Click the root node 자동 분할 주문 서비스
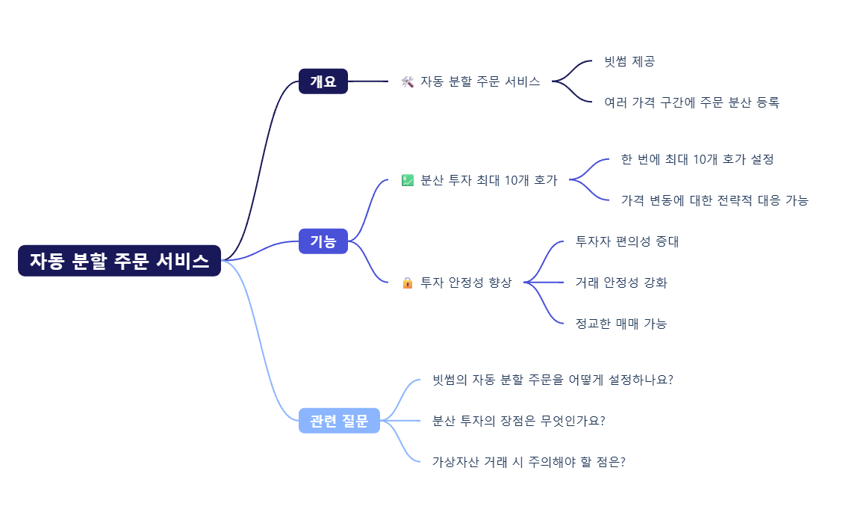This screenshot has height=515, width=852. pyautogui.click(x=119, y=261)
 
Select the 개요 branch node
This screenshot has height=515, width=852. pyautogui.click(x=323, y=81)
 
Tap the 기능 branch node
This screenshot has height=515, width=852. pyautogui.click(x=323, y=241)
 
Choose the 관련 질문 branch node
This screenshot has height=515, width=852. pyautogui.click(x=339, y=421)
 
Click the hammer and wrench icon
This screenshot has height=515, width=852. pyautogui.click(x=407, y=81)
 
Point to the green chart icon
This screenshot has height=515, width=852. pyautogui.click(x=407, y=180)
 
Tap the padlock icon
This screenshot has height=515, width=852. pyautogui.click(x=407, y=283)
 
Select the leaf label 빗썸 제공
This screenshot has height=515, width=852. pyautogui.click(x=629, y=61)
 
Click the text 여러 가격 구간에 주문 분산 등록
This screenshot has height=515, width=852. pyautogui.click(x=691, y=102)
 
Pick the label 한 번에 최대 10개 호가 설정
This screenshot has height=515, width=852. pyautogui.click(x=697, y=159)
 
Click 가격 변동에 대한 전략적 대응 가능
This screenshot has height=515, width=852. pyautogui.click(x=715, y=200)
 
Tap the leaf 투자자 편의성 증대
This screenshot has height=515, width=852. pyautogui.click(x=627, y=241)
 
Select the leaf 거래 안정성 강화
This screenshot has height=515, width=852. pyautogui.click(x=621, y=283)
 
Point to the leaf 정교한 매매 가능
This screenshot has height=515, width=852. pyautogui.click(x=621, y=324)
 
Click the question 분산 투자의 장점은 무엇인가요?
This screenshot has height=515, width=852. pyautogui.click(x=519, y=421)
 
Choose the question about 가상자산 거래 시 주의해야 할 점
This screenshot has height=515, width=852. pyautogui.click(x=529, y=462)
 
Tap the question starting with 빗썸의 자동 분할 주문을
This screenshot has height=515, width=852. pyautogui.click(x=553, y=380)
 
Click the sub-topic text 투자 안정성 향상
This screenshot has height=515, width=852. pyautogui.click(x=466, y=283)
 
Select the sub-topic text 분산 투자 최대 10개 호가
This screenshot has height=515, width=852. pyautogui.click(x=489, y=180)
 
